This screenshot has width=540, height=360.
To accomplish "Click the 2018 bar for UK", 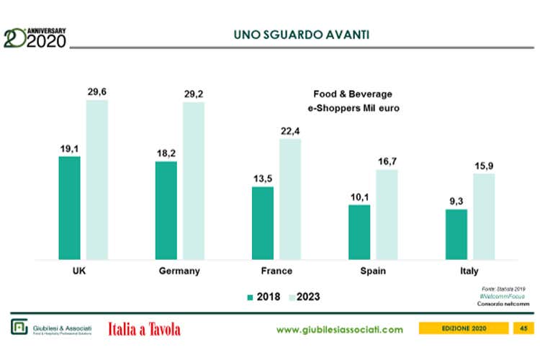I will (69, 207).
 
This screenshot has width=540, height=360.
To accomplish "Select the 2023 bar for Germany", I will (193, 180).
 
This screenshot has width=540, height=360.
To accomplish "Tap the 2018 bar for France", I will (263, 222).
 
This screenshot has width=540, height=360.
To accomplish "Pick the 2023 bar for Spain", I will (387, 214).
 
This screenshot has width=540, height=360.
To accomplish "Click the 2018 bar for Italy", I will (456, 234).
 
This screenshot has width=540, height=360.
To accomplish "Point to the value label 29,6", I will (97, 91).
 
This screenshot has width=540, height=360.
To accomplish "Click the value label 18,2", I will (166, 153).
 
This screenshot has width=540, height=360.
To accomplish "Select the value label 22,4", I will (290, 130).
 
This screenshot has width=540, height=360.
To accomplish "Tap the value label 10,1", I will (359, 197).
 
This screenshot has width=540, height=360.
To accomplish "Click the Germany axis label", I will (179, 271).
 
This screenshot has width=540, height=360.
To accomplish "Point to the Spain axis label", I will (372, 271).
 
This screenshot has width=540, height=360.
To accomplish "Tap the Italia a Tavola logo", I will (144, 329).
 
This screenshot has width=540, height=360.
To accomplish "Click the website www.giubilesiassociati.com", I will (340, 329).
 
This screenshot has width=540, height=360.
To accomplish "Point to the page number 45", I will (523, 329).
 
